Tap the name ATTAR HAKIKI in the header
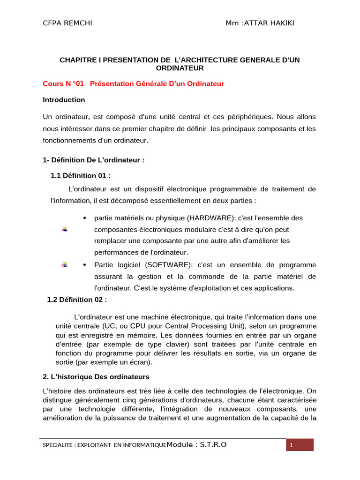268,24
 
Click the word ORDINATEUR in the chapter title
179,68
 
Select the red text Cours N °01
63,84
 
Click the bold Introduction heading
64,100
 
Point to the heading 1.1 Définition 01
81,176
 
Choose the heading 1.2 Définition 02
77,300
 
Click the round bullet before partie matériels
84,218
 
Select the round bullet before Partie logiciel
84,265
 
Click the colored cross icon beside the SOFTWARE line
65,265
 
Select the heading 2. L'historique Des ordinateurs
96,377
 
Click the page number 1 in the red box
291,445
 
